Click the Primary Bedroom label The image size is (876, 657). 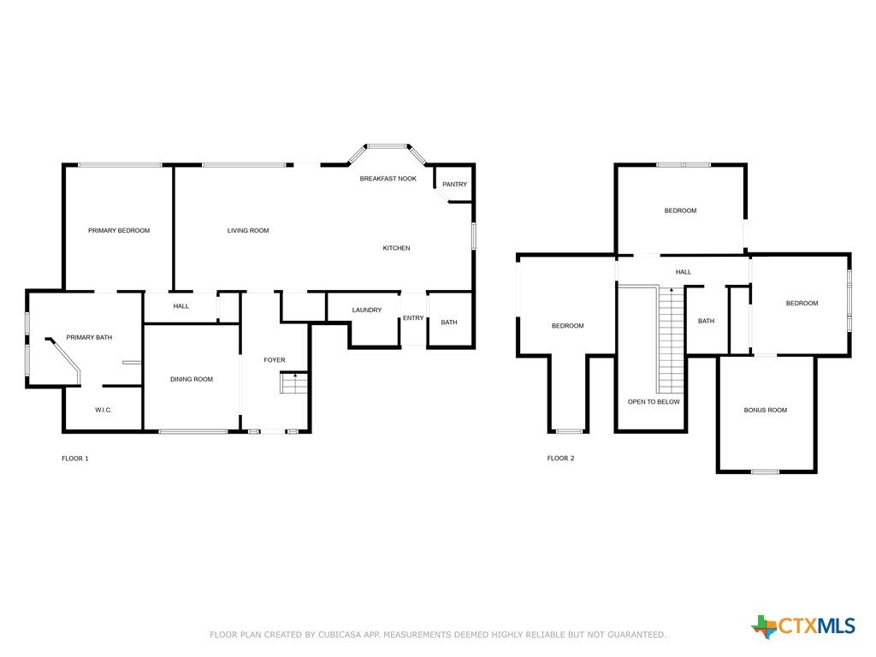119,230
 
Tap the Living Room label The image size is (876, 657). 248,230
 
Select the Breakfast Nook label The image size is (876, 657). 388,179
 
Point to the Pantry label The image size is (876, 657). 455,185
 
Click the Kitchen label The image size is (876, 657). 397,248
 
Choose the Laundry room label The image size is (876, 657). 367,310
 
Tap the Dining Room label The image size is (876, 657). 192,379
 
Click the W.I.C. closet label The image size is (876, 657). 104,410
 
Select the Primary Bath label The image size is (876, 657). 89,337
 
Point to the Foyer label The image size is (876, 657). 275,360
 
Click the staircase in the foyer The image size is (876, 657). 294,383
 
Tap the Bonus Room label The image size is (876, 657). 766,410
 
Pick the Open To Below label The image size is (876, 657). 654,402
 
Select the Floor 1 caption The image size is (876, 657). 75,459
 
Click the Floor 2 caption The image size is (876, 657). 561,459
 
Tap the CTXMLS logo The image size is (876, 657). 804,626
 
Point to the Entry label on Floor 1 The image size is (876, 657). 413,318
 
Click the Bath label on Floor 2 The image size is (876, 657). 706,322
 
